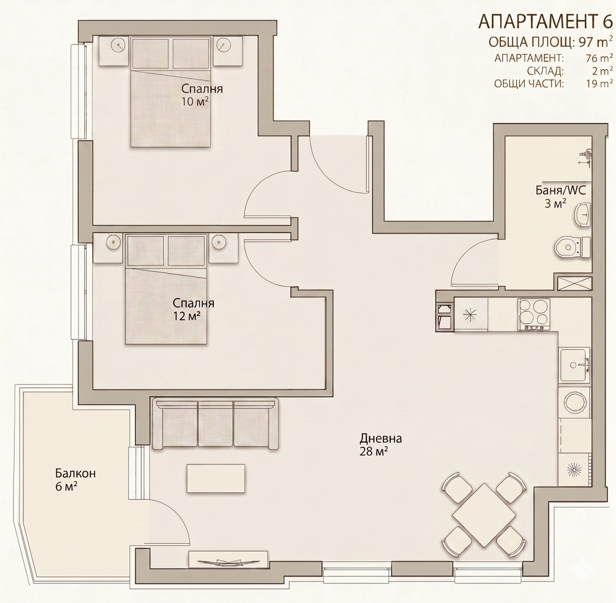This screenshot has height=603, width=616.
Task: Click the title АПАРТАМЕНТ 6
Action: pyautogui.click(x=545, y=22)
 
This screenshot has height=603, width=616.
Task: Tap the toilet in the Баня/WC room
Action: pyautogui.click(x=572, y=247)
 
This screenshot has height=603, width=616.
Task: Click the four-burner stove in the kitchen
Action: pyautogui.click(x=534, y=315)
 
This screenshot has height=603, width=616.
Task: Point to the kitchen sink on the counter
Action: pyautogui.click(x=574, y=365)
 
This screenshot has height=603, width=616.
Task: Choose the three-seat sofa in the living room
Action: pyautogui.click(x=215, y=423)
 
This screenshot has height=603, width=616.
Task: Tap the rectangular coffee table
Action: pyautogui.click(x=216, y=478)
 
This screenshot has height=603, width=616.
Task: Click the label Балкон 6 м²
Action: pyautogui.click(x=75, y=479)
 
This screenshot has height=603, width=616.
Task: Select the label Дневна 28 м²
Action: pyautogui.click(x=381, y=444)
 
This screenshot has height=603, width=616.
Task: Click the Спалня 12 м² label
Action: pyautogui.click(x=193, y=309)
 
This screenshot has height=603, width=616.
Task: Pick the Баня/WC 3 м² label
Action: pyautogui.click(x=561, y=197)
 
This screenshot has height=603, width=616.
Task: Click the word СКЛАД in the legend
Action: pyautogui.click(x=546, y=71)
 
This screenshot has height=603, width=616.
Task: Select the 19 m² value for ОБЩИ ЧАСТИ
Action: pyautogui.click(x=599, y=84)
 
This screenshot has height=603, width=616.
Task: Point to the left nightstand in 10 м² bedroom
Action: pyautogui.click(x=114, y=51)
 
